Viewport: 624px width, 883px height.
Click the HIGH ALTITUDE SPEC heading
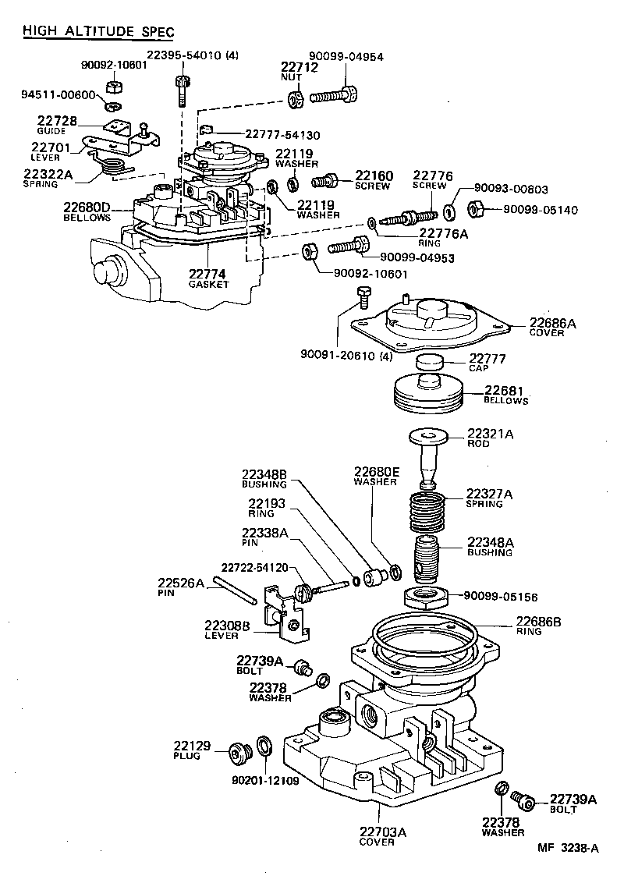pos(97,31)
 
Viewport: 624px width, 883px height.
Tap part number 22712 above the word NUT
pos(300,67)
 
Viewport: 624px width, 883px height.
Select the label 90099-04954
pos(346,55)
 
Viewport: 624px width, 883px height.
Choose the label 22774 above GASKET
pos(207,274)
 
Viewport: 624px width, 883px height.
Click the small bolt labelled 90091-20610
pos(362,296)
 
